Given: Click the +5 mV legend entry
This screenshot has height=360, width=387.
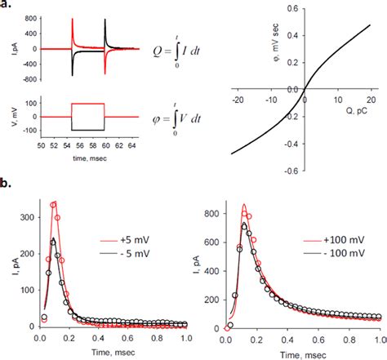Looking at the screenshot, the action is point(125,241).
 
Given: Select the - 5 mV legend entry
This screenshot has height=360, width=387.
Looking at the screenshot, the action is point(125,254).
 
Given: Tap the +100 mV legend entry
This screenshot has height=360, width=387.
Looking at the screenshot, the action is point(334,240).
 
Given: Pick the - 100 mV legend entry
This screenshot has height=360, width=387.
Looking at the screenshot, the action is point(334,253).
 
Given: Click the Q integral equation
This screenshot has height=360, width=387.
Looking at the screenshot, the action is point(176,51).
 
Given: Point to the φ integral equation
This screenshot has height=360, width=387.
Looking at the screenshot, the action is point(176,119).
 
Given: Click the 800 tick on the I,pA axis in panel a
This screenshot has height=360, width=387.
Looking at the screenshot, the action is point(31,19).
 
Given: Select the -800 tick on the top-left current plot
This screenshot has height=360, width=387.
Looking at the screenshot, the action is point(29,79).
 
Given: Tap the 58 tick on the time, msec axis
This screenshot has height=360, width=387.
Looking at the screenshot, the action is point(93,146).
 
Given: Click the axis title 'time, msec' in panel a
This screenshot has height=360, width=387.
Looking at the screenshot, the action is point(90,158).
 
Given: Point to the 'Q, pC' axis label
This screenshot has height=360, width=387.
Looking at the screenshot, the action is point(357,111).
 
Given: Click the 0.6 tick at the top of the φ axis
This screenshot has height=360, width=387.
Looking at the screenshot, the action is point(292,9).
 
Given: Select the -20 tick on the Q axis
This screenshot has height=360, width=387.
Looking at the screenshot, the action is point(238,100).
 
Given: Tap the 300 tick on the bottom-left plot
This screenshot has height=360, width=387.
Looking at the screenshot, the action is point(27,217).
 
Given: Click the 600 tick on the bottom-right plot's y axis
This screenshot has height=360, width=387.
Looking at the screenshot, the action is point(211,242).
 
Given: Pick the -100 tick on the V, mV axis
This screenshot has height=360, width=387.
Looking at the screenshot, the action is point(31,131).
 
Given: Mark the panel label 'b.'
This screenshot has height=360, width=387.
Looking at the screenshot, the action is point(6,183).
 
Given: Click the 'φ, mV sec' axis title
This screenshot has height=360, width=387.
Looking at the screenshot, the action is point(275,42).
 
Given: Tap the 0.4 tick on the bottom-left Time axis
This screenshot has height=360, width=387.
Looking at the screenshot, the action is point(98,338).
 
